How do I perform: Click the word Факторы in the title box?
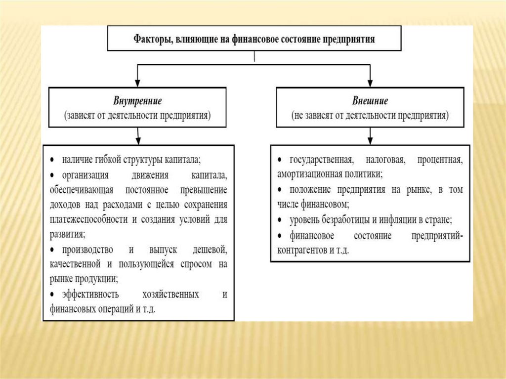[150, 40]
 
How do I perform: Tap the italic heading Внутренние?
[137, 101]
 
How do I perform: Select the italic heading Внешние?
[370, 101]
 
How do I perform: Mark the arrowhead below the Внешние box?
[370, 139]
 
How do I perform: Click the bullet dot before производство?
[53, 250]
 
